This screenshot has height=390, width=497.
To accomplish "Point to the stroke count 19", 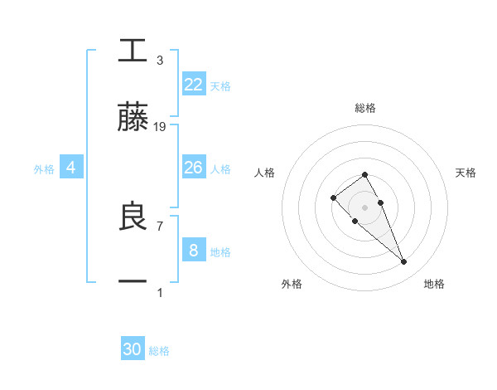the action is [160, 127].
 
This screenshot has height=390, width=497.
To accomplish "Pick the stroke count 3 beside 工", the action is [160, 61].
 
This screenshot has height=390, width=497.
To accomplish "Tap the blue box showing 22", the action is [194, 85].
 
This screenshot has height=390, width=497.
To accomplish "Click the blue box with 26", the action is [194, 168].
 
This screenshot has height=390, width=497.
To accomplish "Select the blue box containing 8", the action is [194, 251].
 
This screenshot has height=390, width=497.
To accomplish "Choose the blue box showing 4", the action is [71, 168].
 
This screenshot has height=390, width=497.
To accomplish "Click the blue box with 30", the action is [133, 350].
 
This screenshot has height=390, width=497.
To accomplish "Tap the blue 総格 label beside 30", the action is [159, 351].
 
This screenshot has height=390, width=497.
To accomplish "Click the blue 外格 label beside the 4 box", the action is [44, 168].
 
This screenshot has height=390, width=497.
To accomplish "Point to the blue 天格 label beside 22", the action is [220, 85].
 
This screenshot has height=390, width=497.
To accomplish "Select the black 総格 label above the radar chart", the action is [365, 108].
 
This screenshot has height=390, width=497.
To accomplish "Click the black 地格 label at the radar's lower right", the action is [434, 284].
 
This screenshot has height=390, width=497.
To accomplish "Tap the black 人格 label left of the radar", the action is [265, 173].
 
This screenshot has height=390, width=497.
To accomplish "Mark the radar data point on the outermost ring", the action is [404, 262].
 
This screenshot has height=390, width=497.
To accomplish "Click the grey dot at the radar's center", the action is [365, 207].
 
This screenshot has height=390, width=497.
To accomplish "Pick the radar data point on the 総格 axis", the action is [365, 175].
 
